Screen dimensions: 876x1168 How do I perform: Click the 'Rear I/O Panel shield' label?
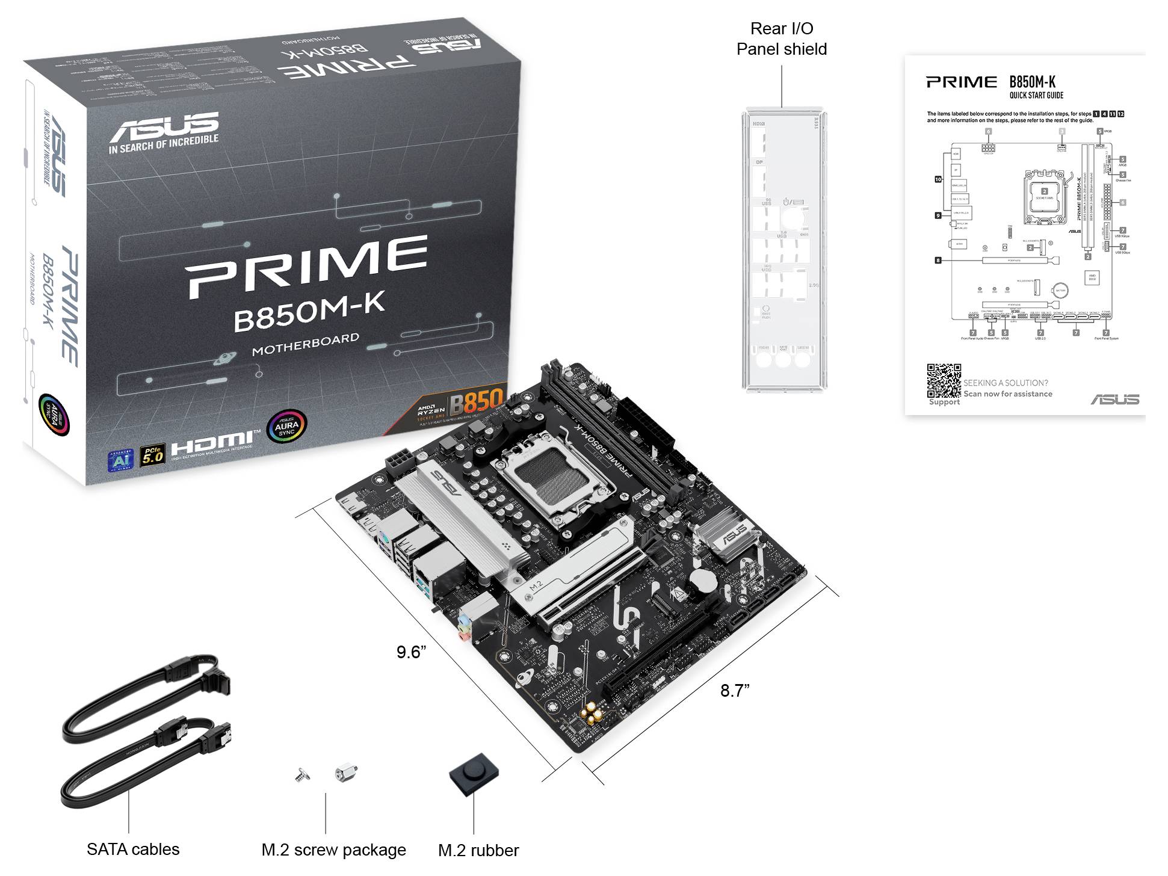[781, 39]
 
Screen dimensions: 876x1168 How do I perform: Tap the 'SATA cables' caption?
[133, 849]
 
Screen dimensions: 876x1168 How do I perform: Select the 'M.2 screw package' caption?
[333, 850]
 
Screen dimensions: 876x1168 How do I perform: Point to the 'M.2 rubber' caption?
[478, 850]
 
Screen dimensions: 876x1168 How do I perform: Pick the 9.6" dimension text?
[411, 652]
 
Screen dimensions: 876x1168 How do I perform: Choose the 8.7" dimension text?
[735, 691]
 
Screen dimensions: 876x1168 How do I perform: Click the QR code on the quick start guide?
[943, 380]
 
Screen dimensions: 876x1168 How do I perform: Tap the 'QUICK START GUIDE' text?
[1036, 95]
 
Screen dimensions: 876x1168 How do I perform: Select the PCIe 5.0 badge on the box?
[152, 455]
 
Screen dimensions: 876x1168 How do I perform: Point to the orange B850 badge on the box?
[476, 401]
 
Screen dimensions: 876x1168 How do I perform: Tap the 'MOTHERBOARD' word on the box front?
[305, 344]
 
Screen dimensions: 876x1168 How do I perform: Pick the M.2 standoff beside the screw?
[346, 772]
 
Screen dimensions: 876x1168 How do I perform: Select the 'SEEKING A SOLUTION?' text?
[1006, 383]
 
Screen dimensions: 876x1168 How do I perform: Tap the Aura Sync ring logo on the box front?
[286, 425]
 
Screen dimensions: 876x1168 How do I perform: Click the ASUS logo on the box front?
[164, 126]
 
